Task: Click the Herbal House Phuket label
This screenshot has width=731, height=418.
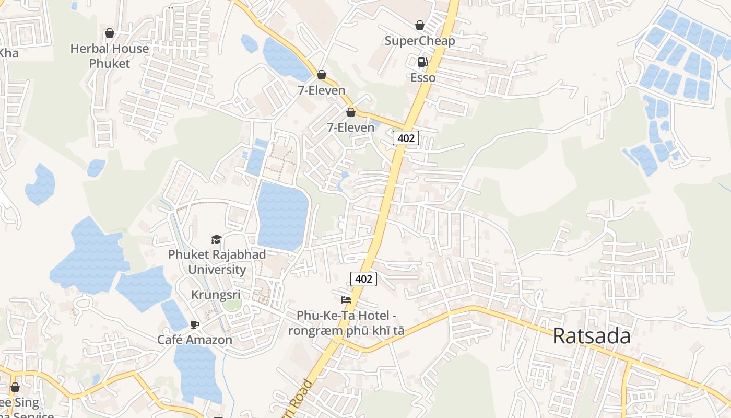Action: pyautogui.click(x=110, y=56)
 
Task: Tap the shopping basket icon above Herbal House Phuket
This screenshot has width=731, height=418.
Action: pyautogui.click(x=110, y=33)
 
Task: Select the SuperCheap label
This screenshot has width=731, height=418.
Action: pyautogui.click(x=420, y=41)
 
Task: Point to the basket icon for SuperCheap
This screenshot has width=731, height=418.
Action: pyautogui.click(x=420, y=25)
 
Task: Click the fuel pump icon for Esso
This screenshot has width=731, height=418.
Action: pyautogui.click(x=422, y=62)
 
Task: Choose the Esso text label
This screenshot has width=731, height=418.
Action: pyautogui.click(x=423, y=78)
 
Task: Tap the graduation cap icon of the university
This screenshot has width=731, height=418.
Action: pyautogui.click(x=216, y=240)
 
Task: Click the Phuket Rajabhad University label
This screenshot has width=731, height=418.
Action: pyautogui.click(x=217, y=262)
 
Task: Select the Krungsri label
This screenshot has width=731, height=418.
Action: pyautogui.click(x=216, y=295)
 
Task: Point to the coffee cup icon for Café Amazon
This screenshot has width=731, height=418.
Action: pyautogui.click(x=195, y=324)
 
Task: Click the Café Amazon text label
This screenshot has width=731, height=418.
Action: pyautogui.click(x=195, y=340)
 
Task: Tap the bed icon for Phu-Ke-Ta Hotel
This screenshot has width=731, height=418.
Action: pyautogui.click(x=346, y=300)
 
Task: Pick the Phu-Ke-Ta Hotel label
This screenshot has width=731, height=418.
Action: pyautogui.click(x=346, y=323)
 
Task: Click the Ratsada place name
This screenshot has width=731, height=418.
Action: pyautogui.click(x=592, y=336)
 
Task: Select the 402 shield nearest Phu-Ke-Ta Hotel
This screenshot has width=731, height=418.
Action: pyautogui.click(x=363, y=279)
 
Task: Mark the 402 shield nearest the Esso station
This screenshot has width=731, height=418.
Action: pyautogui.click(x=406, y=138)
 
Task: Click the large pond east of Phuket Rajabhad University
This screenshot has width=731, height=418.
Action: pyautogui.click(x=282, y=215)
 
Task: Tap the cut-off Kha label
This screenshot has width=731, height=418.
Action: pyautogui.click(x=8, y=53)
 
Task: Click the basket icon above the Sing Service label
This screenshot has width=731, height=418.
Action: pyautogui.click(x=15, y=387)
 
